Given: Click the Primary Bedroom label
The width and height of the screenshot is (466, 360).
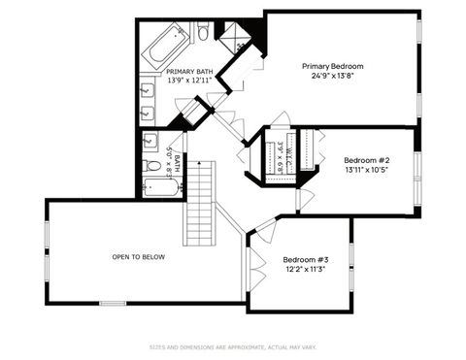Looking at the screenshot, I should pyautogui.click(x=339, y=66).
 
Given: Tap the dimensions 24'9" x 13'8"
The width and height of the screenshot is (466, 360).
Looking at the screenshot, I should pyautogui.click(x=339, y=76).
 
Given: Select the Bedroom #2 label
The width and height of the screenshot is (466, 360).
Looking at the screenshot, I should pyautogui.click(x=367, y=160).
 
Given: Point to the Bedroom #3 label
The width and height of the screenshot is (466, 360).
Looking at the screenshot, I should pyautogui.click(x=305, y=259).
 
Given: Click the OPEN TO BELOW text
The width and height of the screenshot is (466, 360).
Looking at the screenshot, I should pyautogui.click(x=138, y=257).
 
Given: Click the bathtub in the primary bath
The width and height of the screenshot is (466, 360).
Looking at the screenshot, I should pyautogui.click(x=164, y=45).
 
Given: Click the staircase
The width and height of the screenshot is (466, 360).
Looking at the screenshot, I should pyautogui.click(x=199, y=204).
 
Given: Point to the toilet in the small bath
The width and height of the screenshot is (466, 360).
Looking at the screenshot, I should pyautogui.click(x=153, y=166).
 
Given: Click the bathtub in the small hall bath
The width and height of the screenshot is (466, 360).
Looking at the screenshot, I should pyautogui.click(x=161, y=186).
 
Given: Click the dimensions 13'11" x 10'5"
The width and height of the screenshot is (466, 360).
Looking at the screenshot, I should pyautogui.click(x=367, y=170).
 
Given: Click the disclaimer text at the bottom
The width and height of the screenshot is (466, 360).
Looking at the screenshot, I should pyautogui.click(x=232, y=346).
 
